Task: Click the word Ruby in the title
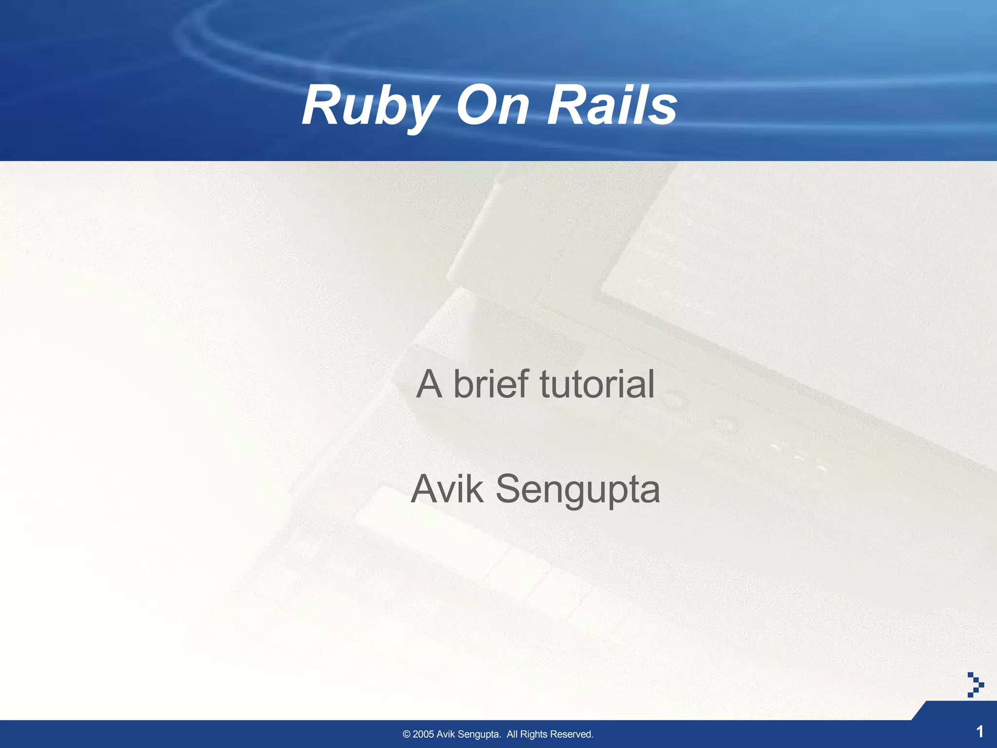(370, 106)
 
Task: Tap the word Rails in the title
(612, 106)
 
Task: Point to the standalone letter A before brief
(429, 384)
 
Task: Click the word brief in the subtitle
(491, 384)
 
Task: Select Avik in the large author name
(447, 489)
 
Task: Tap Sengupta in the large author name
(577, 490)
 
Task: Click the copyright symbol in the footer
(406, 734)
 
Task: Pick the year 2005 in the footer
(423, 734)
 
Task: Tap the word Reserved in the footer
(572, 734)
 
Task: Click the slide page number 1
(980, 731)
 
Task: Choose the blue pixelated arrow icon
(975, 685)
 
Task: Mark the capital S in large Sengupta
(509, 489)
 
